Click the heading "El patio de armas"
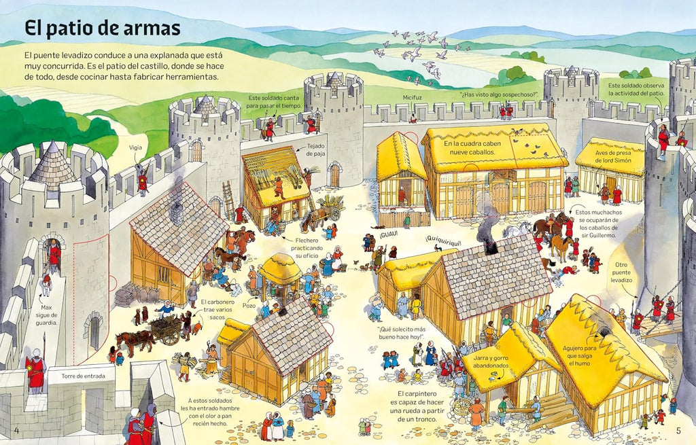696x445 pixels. click(x=103, y=28)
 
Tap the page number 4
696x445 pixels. click(x=17, y=430)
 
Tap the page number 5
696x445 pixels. click(x=678, y=430)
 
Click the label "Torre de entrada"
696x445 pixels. click(x=84, y=376)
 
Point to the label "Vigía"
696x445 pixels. click(x=135, y=147)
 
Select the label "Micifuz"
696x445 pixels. click(x=413, y=97)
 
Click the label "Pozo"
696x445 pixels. click(x=249, y=306)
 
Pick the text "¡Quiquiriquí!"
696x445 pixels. click(x=443, y=243)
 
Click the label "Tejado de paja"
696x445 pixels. click(x=315, y=149)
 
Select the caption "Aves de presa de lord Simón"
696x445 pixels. click(x=613, y=157)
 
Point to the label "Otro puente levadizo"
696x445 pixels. click(x=621, y=272)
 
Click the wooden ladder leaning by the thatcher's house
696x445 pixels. click(x=228, y=200)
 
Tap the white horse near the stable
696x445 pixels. click(x=517, y=230)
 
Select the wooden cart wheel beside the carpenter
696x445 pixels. click(x=462, y=406)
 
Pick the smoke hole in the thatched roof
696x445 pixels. click(x=604, y=332)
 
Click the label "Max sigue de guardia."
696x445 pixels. click(x=46, y=315)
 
